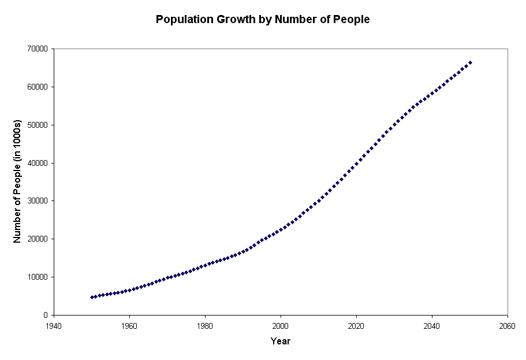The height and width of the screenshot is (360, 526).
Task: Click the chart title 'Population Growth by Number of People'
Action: [x=263, y=20]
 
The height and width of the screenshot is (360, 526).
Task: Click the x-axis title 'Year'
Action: [x=281, y=342]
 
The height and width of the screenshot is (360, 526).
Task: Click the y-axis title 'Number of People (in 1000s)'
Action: [x=17, y=181]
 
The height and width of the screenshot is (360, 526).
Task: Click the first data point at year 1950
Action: [x=92, y=298]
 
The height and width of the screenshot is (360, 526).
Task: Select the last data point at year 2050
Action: [x=470, y=62]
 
